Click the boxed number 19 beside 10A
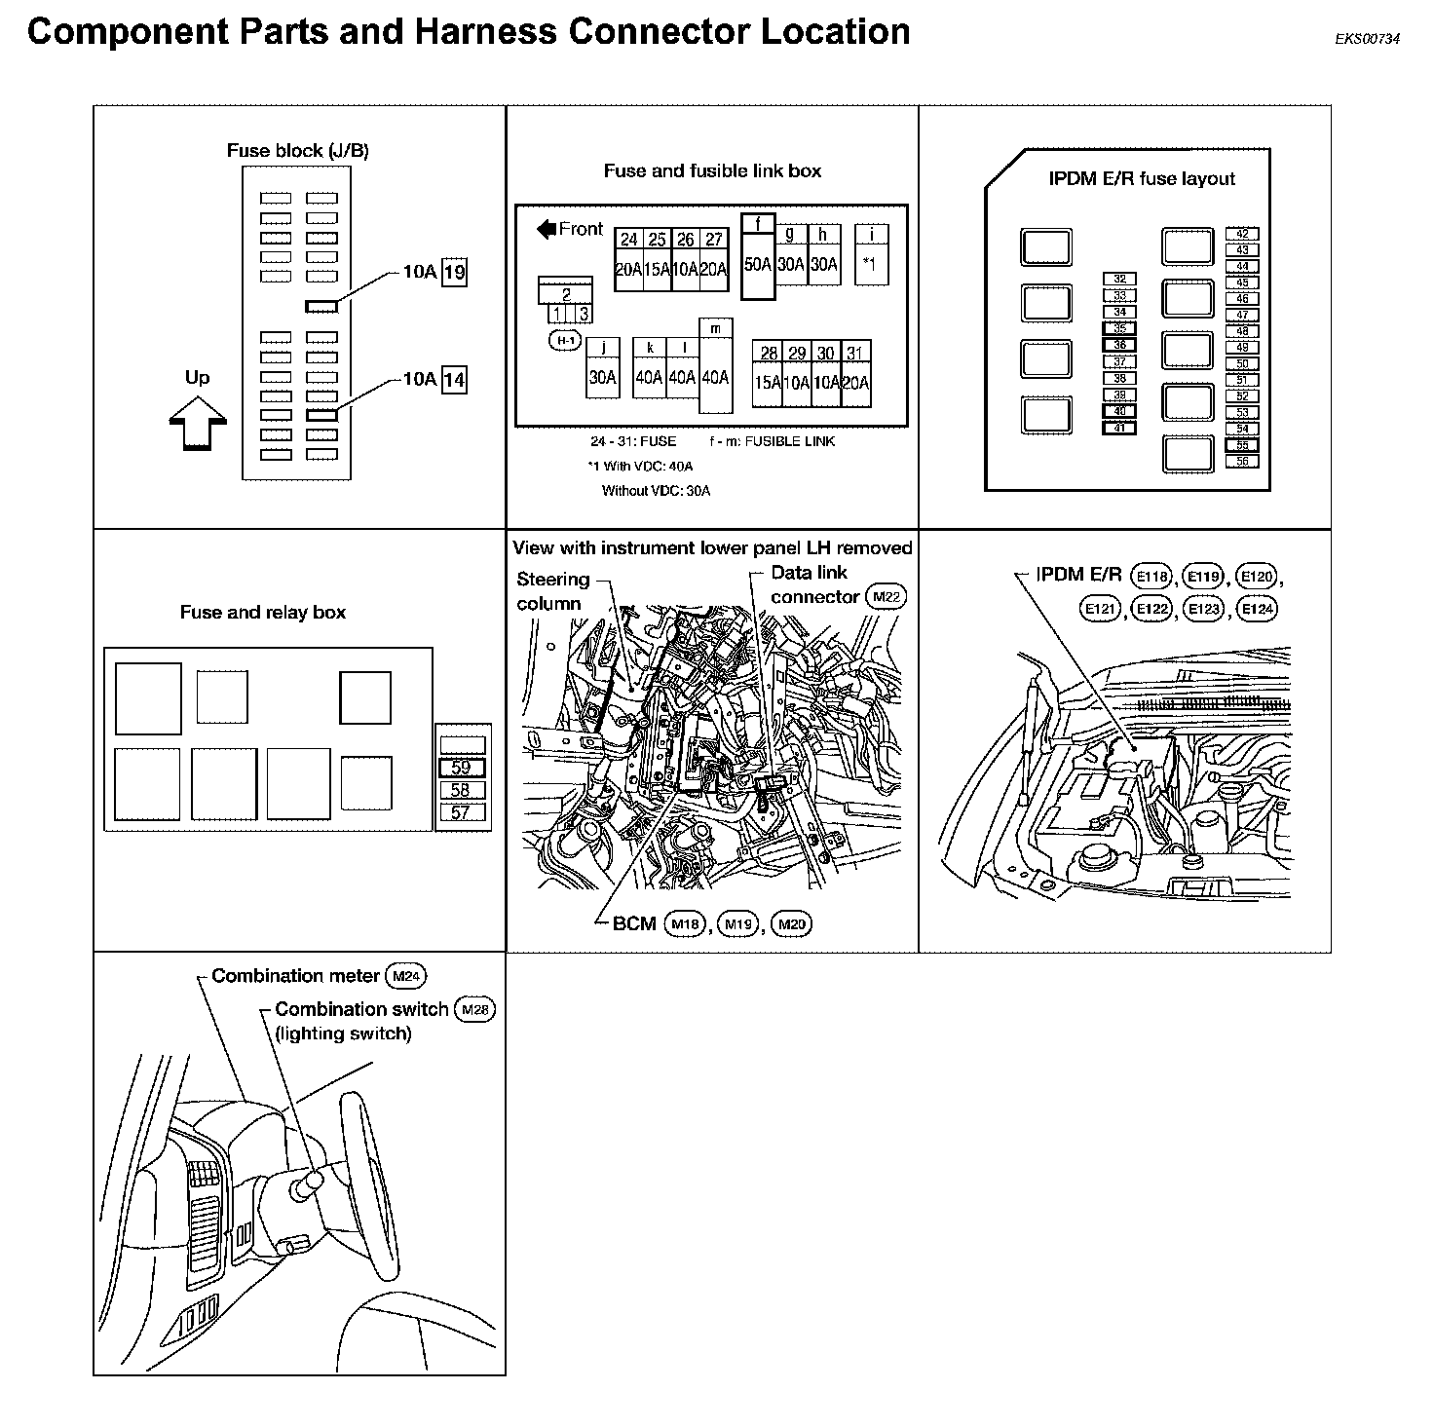(454, 273)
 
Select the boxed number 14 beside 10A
(454, 379)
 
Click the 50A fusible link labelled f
(758, 257)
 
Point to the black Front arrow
(546, 230)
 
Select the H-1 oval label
(566, 340)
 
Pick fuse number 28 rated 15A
(768, 373)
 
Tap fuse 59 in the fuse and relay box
(461, 768)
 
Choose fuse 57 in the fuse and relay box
(461, 812)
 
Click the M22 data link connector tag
(886, 597)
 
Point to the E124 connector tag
(1257, 610)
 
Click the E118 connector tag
(1151, 577)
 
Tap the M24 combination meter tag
(405, 976)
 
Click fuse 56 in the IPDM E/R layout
(1242, 462)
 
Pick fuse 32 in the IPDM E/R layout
(1119, 280)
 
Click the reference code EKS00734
(1368, 40)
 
